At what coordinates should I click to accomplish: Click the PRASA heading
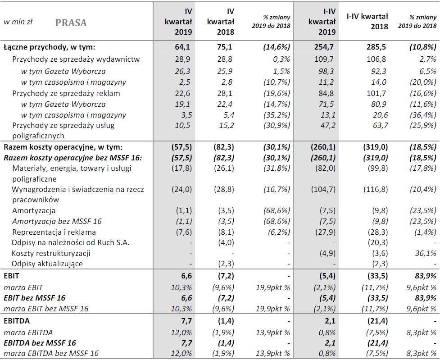tap(71, 23)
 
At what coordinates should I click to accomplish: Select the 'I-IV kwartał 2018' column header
tap(367, 21)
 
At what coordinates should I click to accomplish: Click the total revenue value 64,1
tap(183, 46)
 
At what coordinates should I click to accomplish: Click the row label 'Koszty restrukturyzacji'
tap(51, 253)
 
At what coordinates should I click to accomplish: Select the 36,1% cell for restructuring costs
tap(426, 253)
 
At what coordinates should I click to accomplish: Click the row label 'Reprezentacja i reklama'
tap(54, 232)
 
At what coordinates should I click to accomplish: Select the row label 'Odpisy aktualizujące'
tap(48, 264)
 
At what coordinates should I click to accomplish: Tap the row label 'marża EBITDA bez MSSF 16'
tap(51, 354)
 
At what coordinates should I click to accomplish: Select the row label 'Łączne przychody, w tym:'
tap(49, 46)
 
